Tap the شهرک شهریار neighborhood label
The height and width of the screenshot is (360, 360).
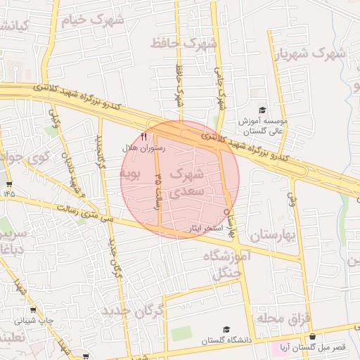(310, 53)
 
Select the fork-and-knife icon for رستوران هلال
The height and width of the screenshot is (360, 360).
(144, 136)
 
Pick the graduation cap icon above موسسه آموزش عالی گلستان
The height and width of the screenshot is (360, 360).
(262, 110)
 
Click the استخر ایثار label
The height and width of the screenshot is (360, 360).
(206, 229)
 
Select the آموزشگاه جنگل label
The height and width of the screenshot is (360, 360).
(226, 264)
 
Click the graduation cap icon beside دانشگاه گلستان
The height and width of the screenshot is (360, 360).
(226, 329)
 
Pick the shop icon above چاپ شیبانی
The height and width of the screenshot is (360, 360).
(33, 309)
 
